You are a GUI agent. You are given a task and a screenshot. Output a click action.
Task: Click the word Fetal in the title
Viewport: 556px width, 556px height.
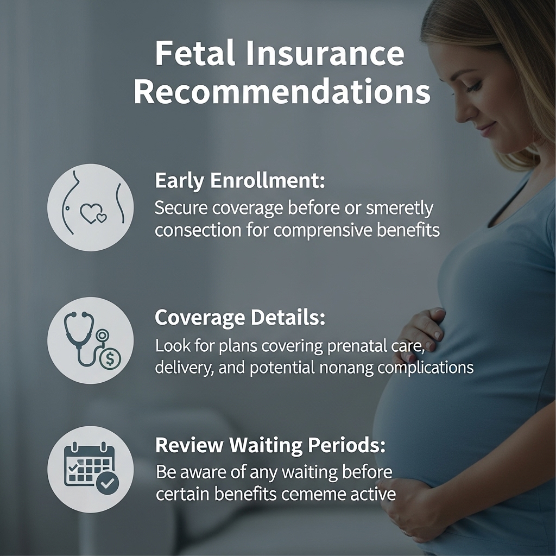[x=195, y=53]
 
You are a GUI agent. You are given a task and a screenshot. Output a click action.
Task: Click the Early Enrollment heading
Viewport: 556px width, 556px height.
[x=239, y=181]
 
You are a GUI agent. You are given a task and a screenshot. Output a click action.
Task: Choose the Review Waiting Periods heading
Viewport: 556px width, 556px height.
[x=270, y=445]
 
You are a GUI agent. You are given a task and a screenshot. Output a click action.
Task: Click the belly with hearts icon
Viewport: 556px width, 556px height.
[x=91, y=207]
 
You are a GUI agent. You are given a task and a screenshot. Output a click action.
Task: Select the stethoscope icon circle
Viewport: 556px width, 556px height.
[x=91, y=340]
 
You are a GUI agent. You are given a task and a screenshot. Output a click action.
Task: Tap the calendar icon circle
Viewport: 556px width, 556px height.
[x=91, y=469]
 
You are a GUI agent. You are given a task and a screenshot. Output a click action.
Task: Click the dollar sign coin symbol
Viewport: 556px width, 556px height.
[x=110, y=359]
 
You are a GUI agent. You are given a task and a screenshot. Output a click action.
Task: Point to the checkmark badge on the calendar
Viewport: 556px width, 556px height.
[x=108, y=483]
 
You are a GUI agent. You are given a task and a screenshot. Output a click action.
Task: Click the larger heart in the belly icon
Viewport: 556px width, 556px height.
[x=90, y=213]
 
